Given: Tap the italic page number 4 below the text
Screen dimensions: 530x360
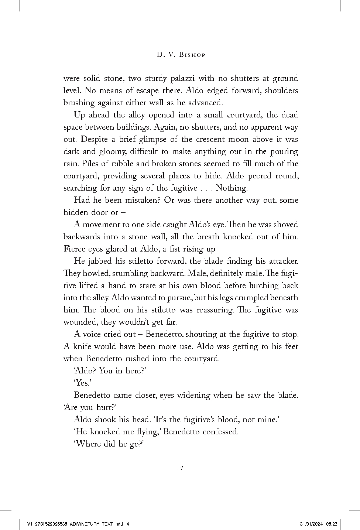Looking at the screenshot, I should pos(181,468).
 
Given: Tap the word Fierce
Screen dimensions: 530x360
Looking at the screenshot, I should pos(75,249).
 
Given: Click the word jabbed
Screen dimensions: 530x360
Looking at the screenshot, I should pos(100,261).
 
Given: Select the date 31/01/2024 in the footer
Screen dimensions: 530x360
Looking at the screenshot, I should pos(312,523).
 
